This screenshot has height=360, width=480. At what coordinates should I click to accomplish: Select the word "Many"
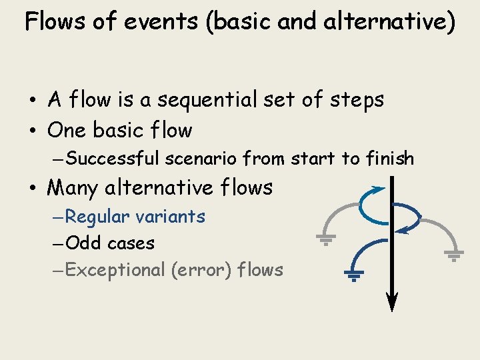point(73,188)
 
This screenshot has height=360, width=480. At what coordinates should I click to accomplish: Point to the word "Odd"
point(84,243)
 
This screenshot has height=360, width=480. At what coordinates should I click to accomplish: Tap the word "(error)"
point(201,270)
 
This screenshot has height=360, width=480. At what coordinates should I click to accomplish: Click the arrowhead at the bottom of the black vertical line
point(392,303)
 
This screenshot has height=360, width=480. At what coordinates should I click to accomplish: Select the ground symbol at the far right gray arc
point(454,255)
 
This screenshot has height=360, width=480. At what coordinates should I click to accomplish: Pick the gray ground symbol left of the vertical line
point(325,239)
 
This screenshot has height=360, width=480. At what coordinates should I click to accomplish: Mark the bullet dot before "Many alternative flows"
point(33,189)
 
